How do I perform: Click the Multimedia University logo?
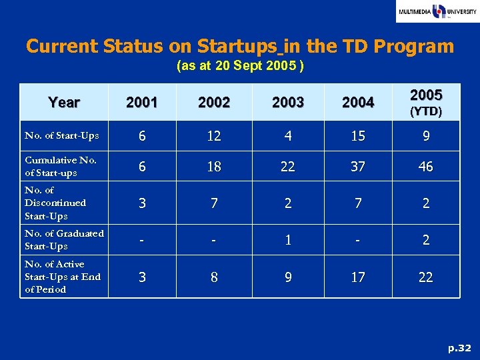tap(437, 12)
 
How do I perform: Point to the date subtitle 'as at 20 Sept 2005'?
tap(240, 67)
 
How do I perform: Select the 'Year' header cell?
tap(64, 102)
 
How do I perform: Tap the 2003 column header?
tap(288, 103)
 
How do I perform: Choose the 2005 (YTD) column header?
tap(425, 102)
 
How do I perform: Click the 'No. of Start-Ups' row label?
tap(62, 136)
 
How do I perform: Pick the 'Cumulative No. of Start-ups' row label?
tap(61, 166)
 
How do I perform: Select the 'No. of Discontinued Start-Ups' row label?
tap(55, 203)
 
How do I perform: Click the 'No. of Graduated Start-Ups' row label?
tap(64, 239)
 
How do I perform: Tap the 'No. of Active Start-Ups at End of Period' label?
tap(63, 277)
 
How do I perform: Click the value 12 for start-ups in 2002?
tap(214, 136)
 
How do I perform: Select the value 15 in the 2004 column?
tap(358, 136)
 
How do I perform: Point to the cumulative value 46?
tap(425, 167)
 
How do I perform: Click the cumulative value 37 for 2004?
tap(358, 167)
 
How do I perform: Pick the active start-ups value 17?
tap(358, 277)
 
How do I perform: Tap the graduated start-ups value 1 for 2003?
tap(288, 240)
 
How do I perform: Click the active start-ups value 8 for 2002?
tap(214, 277)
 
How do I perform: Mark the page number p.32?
tap(459, 348)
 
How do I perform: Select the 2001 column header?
tap(142, 103)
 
